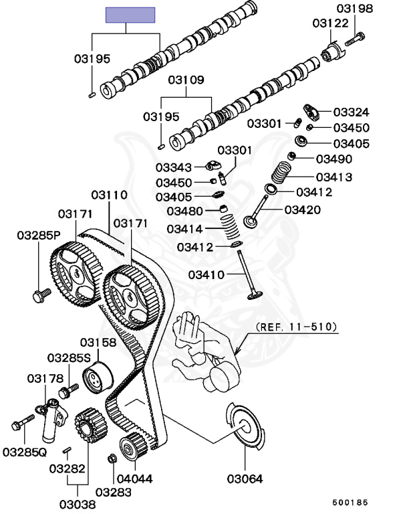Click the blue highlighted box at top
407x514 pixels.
(130, 15)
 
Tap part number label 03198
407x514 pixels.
(355, 8)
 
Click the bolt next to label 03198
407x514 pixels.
(355, 39)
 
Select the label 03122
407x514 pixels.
(330, 23)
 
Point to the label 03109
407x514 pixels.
(186, 80)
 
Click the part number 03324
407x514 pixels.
(352, 112)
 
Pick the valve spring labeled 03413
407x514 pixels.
(281, 173)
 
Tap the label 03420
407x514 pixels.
(302, 209)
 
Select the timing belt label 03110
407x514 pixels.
(110, 195)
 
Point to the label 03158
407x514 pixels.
(98, 342)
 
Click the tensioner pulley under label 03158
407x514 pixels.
(98, 377)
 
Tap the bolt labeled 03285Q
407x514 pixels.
(23, 422)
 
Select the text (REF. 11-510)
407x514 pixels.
(296, 327)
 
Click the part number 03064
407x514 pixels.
(245, 479)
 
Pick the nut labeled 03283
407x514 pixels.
(112, 458)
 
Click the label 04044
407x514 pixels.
(134, 479)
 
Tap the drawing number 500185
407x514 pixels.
(350, 503)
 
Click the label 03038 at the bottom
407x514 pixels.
(78, 504)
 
